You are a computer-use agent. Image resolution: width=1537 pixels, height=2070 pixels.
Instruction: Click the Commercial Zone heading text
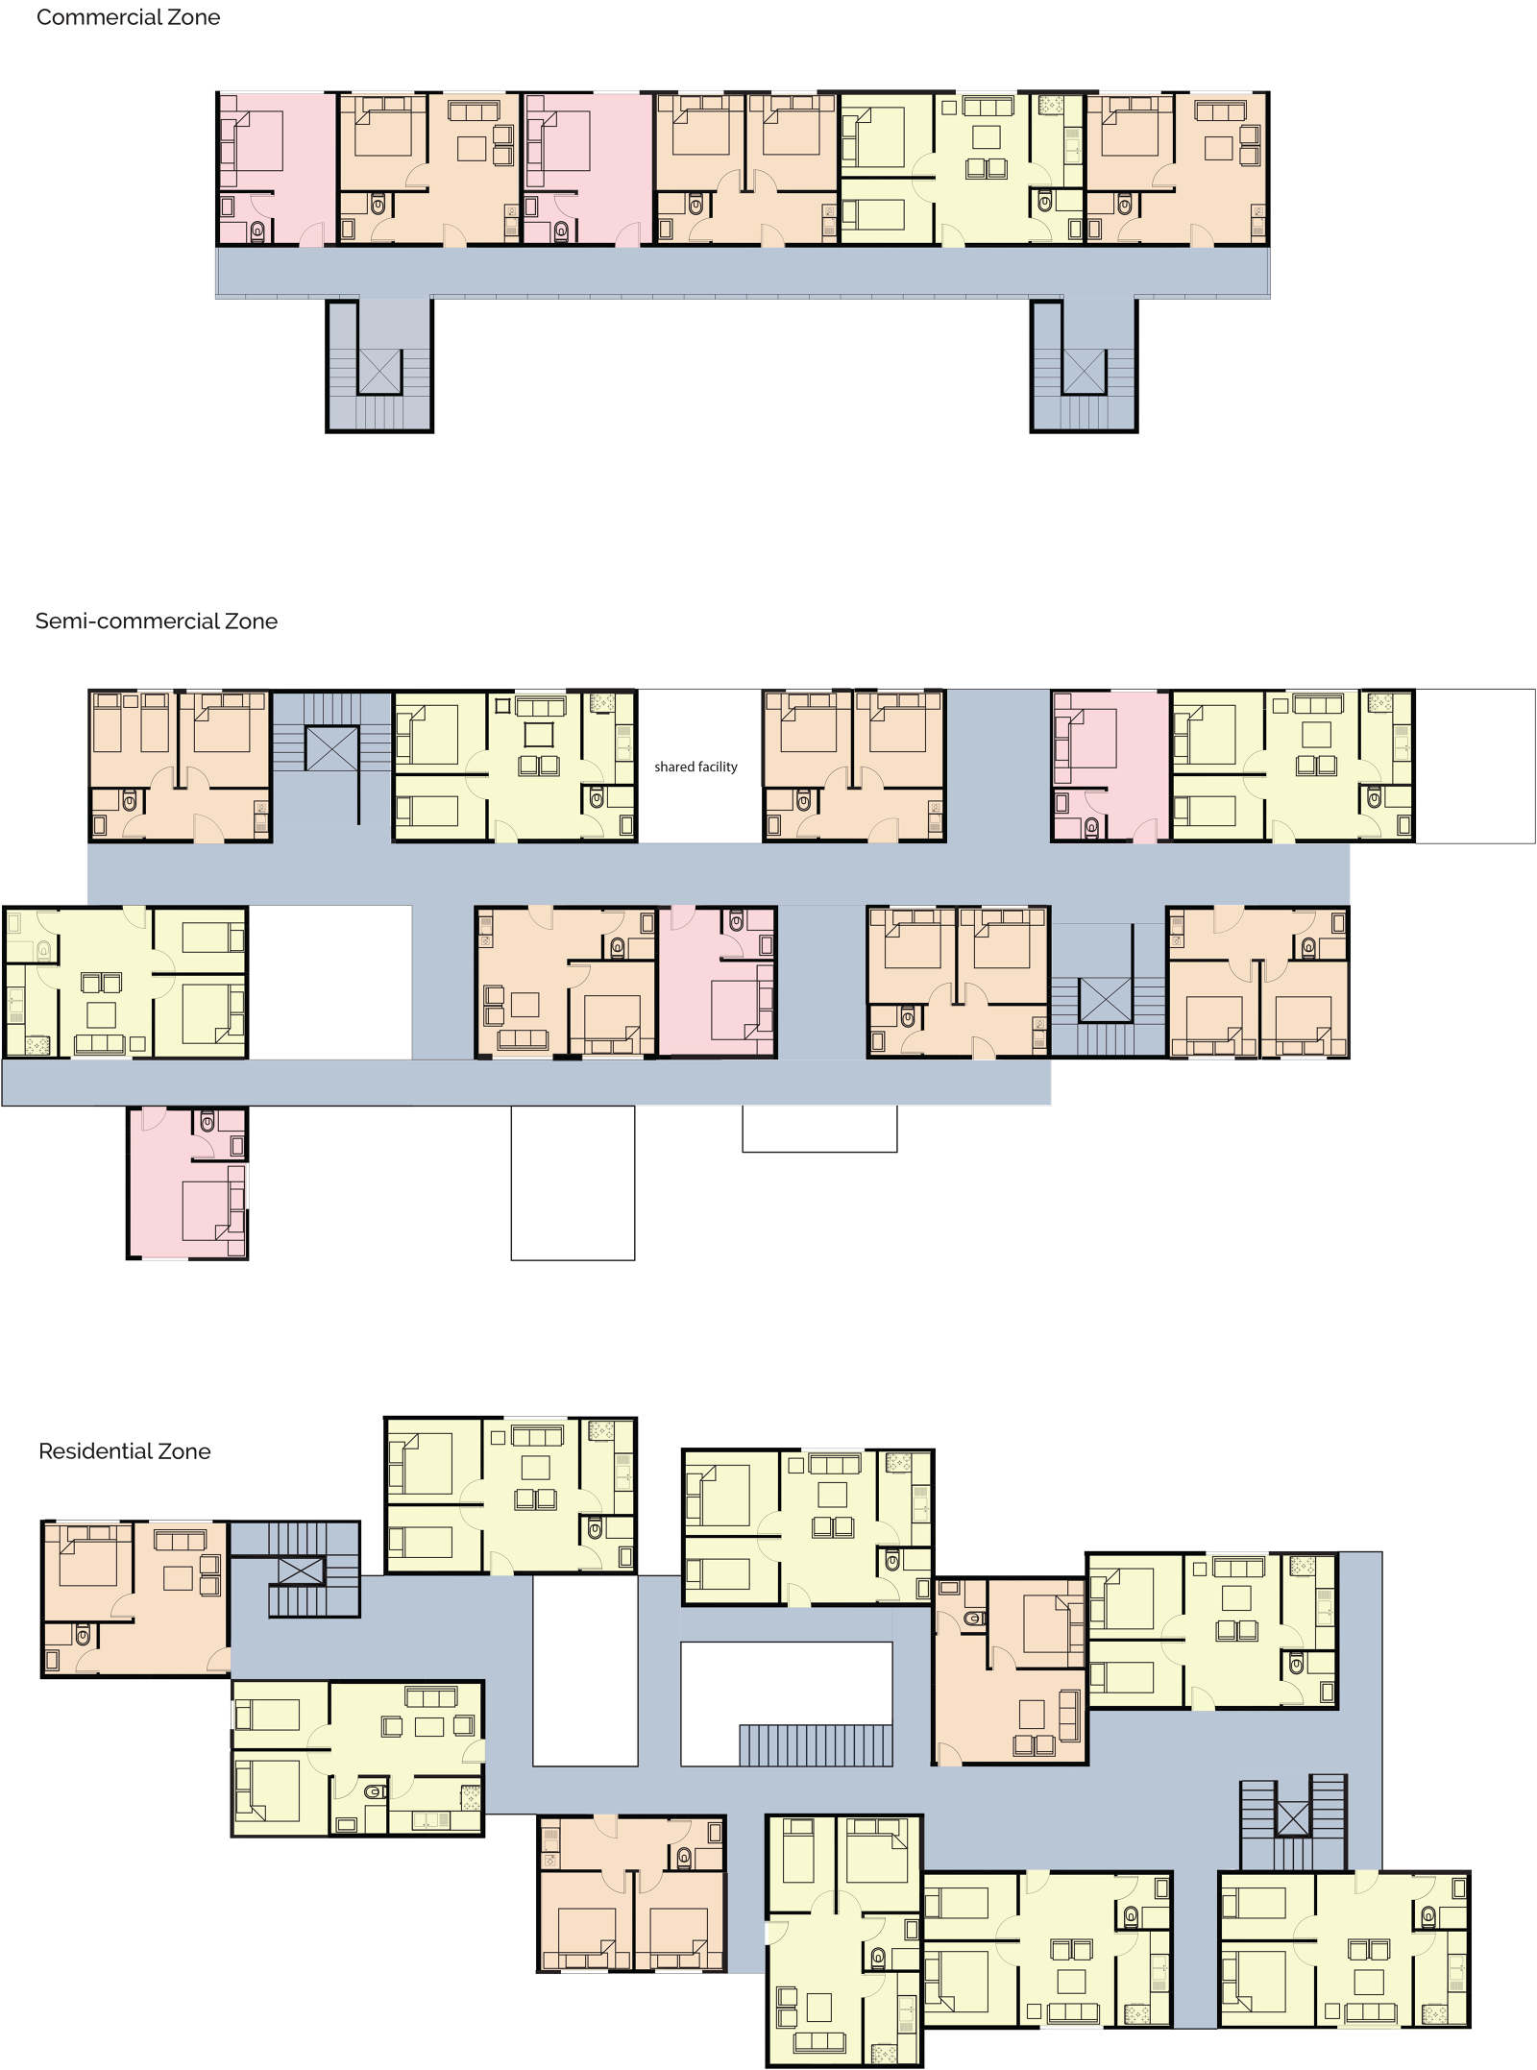pos(128,17)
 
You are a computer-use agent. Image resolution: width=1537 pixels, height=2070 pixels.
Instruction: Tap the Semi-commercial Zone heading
pos(156,621)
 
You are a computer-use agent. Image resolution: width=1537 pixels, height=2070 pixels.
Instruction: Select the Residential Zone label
pos(124,1451)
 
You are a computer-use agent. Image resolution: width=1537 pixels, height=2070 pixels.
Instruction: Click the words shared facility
pos(695,767)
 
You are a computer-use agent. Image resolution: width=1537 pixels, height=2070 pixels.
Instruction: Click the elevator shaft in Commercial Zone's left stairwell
pos(379,371)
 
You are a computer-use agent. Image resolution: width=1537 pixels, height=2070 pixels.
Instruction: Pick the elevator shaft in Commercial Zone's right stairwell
pos(1085,371)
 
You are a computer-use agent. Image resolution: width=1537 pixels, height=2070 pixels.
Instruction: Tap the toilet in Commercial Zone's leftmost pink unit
pos(257,231)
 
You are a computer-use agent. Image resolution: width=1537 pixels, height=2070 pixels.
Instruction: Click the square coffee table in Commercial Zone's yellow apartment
pos(986,136)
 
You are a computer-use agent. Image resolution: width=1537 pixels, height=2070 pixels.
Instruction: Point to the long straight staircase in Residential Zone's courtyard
pos(816,1745)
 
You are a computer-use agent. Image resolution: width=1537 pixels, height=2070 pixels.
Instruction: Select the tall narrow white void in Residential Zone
pos(585,1671)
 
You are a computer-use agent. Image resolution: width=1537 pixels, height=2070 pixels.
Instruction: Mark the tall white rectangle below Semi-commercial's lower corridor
pos(573,1182)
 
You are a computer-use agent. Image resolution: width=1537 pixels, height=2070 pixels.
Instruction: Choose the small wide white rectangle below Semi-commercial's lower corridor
pos(819,1129)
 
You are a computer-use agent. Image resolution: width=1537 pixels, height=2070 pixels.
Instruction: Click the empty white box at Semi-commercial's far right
pos(1475,767)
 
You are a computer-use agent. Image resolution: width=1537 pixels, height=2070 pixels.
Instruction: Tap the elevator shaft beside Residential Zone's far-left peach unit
pos(301,1571)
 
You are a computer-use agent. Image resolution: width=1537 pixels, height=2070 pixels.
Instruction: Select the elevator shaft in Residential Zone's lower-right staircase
pos(1293,1818)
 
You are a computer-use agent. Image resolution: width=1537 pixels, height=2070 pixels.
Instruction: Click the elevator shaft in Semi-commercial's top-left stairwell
pos(331,749)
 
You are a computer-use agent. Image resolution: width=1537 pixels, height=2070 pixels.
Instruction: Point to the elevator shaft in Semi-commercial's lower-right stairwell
pos(1106,1000)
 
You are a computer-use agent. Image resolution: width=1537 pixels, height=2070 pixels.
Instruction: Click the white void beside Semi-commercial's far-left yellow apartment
pos(330,983)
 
